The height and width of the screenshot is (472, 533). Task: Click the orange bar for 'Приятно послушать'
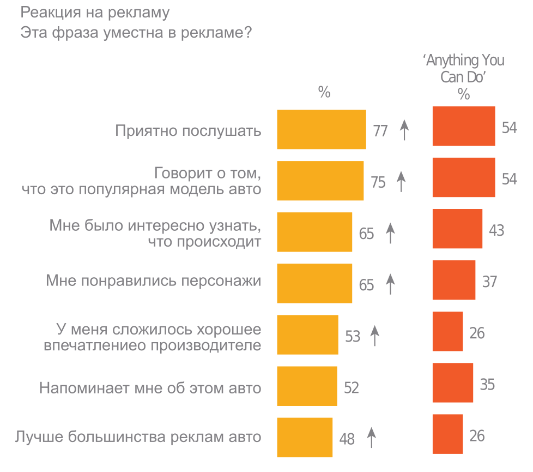(x=321, y=129)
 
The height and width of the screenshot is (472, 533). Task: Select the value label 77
(x=380, y=131)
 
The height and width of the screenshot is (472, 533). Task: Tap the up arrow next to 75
(x=401, y=181)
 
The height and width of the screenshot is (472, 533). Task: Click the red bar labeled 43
(x=457, y=229)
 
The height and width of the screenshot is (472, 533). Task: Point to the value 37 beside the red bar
(x=489, y=282)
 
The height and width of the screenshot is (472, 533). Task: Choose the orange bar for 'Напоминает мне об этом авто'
(x=307, y=386)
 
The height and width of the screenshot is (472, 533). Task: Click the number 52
(x=352, y=387)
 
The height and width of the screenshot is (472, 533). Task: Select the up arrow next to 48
(x=372, y=438)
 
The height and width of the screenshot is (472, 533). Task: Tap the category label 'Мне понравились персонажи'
(x=154, y=281)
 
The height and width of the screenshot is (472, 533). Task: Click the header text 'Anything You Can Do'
(x=464, y=68)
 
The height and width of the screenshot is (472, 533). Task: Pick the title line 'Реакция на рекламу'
(x=95, y=11)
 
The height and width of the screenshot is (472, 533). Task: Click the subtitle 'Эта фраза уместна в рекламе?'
(x=136, y=33)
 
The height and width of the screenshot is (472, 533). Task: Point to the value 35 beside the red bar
(x=487, y=384)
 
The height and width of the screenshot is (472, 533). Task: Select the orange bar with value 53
(x=307, y=335)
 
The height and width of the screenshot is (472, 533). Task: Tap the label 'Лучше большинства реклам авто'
(x=138, y=437)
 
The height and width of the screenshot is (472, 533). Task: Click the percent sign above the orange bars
(x=324, y=92)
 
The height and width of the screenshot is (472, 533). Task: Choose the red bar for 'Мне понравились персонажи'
(x=453, y=280)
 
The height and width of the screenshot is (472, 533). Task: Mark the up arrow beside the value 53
(x=374, y=335)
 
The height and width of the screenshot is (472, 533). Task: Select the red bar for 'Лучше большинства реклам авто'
(x=447, y=434)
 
